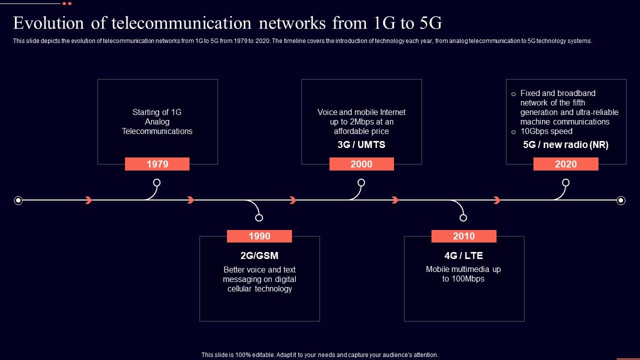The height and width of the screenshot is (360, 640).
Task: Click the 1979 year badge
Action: [157, 164]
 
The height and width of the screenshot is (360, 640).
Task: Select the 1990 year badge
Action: [259, 236]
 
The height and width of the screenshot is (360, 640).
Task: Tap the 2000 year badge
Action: [361, 164]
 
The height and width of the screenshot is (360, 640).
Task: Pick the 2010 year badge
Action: [463, 236]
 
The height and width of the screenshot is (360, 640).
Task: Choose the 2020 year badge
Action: [565, 164]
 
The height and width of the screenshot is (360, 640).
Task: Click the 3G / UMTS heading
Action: [361, 145]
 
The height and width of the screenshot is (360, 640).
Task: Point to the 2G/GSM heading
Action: [259, 256]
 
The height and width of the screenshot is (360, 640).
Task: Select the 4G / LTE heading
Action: [463, 256]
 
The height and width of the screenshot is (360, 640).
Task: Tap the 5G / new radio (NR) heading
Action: [565, 145]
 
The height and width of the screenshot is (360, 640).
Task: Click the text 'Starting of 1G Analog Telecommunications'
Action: [157, 121]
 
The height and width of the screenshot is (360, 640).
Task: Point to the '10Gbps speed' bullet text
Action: [546, 131]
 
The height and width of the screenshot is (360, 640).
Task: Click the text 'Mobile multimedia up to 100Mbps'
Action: [463, 274]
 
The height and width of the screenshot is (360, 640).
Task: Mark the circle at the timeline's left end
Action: [18, 200]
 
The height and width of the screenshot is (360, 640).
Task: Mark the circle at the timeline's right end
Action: [621, 200]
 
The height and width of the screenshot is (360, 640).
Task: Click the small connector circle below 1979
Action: [156, 182]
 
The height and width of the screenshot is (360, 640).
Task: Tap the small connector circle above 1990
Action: [259, 217]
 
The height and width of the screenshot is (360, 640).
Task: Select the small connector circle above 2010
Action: [463, 217]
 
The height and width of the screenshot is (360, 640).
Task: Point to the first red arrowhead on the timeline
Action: [89, 200]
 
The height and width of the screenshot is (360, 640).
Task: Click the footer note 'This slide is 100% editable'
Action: [319, 355]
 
